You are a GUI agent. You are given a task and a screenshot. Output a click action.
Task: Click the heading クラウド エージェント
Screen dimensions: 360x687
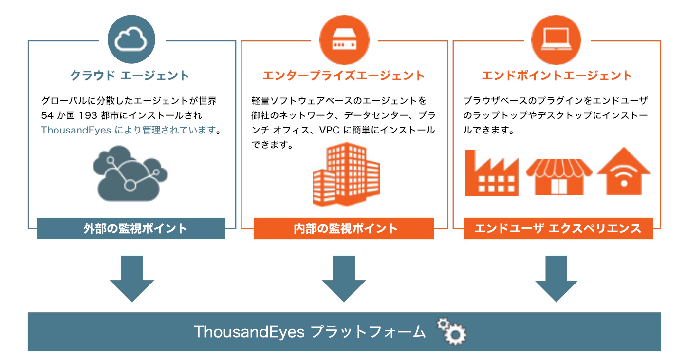[x=130, y=76]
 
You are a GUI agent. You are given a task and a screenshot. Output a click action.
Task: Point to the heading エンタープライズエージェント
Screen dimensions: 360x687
[x=344, y=76]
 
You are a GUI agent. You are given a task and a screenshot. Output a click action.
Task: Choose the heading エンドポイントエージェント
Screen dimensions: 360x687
[x=557, y=76]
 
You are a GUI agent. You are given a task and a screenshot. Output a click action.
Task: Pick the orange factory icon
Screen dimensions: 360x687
[x=491, y=173]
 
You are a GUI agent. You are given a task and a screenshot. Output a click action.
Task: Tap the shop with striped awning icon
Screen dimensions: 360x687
[x=558, y=175]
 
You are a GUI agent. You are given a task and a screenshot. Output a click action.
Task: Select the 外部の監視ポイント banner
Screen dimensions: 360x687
[x=131, y=228]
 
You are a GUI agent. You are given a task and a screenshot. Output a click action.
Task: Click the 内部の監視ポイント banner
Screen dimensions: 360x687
[x=344, y=228]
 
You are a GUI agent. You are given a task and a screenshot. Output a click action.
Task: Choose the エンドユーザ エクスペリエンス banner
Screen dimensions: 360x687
[x=558, y=228]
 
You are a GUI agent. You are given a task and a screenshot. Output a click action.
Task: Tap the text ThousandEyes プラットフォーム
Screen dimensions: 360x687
[x=310, y=332]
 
